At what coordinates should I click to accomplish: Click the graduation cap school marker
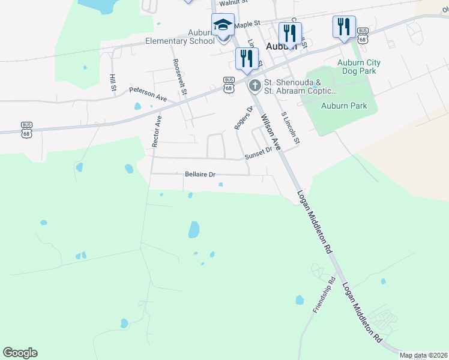[223, 26]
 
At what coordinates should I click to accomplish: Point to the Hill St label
[113, 83]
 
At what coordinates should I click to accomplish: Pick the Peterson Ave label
[148, 94]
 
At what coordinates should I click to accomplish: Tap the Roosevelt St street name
[179, 76]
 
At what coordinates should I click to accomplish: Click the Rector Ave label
[157, 131]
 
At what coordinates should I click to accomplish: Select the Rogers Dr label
[241, 117]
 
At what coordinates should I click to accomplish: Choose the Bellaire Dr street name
[199, 175]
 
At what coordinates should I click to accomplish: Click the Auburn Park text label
[344, 106]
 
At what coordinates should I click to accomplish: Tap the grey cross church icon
[255, 86]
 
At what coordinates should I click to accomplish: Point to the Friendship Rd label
[324, 295]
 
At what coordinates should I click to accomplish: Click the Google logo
[20, 353]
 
